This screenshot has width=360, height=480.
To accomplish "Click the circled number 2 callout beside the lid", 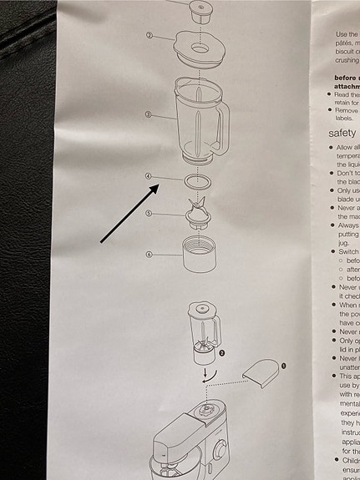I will tap(149, 36).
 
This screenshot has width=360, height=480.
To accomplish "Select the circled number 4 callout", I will tap(148, 177).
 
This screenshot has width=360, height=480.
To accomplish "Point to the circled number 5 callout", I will tap(148, 215).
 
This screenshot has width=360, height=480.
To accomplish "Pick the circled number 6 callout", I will tap(148, 255).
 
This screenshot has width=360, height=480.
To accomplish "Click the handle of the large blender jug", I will tap(223, 125).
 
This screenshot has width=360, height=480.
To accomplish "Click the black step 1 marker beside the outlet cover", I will tap(281, 365).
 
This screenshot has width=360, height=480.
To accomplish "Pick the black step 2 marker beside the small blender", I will tap(222, 354).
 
